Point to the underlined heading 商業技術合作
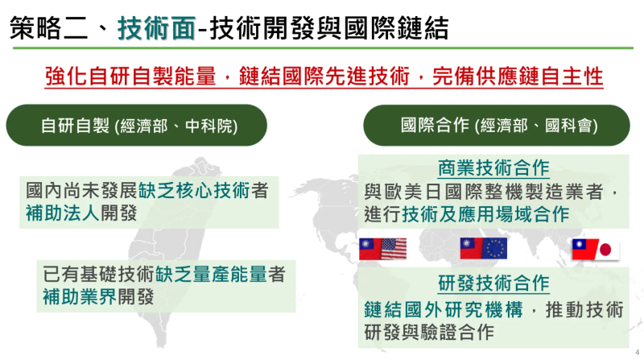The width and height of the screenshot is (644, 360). pos(493,168)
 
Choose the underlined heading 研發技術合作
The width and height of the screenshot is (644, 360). pos(493,283)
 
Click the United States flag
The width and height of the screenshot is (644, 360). pos(394,248)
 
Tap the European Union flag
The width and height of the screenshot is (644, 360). pos(494,248)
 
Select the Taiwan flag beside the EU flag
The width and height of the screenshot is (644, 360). pos(471,248)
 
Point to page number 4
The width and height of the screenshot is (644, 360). pos(636,352)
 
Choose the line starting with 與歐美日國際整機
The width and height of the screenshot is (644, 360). pos(493,192)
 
